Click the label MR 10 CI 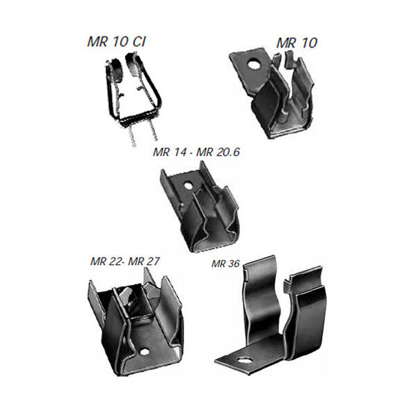pos(117,42)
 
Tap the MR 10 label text pos(297,43)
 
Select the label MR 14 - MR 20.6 pos(196,152)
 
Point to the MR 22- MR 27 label pos(125,262)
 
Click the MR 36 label pos(226,264)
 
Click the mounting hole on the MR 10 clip pos(253,64)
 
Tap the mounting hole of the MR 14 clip pos(188,186)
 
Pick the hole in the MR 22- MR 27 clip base pos(145,351)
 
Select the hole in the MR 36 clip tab pos(244,361)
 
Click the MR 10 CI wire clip pos(132,99)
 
